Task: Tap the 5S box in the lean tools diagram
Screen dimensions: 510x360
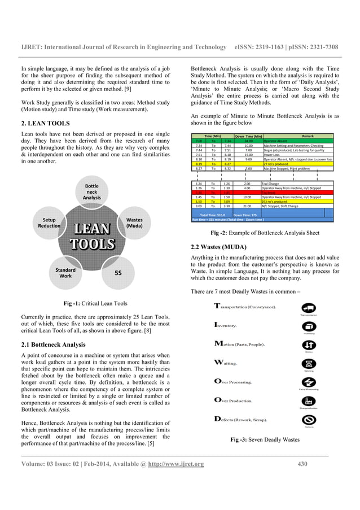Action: click(x=118, y=273)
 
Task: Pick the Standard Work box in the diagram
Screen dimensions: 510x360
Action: click(x=65, y=273)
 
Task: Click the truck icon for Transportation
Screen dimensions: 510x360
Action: click(x=309, y=308)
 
